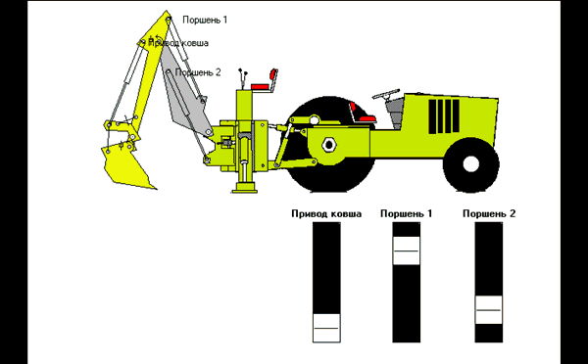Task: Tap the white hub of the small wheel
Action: (x=471, y=163)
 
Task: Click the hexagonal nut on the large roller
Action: (x=329, y=144)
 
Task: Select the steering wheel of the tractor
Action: (x=385, y=94)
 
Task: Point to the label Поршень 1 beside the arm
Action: (x=205, y=20)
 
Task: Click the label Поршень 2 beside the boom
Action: (x=198, y=72)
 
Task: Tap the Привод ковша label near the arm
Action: (x=178, y=43)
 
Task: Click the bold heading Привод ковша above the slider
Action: (x=326, y=214)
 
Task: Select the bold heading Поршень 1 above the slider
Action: (x=406, y=214)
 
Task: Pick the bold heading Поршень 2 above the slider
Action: (x=489, y=214)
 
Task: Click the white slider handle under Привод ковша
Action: (x=326, y=328)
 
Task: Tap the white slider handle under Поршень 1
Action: (x=406, y=250)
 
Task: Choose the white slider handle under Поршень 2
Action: (x=489, y=310)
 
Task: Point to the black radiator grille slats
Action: (x=444, y=116)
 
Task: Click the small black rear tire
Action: (x=471, y=164)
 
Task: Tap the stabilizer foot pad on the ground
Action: (x=244, y=189)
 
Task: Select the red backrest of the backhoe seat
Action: (x=273, y=75)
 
